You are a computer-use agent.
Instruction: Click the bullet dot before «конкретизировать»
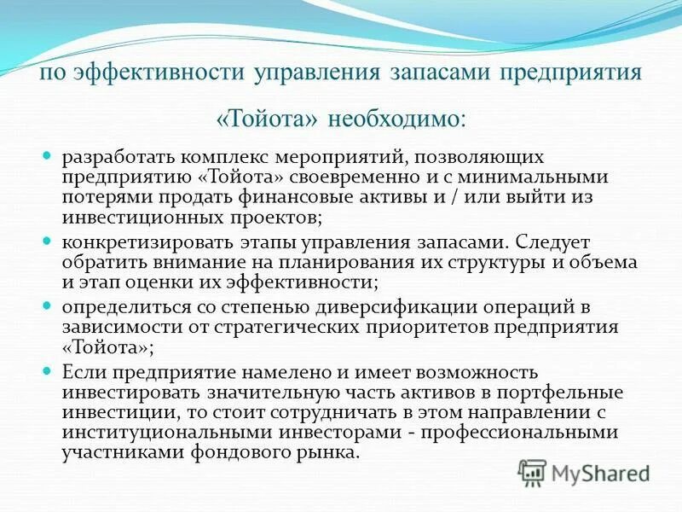pos(49,241)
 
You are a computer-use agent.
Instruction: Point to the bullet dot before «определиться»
pos(49,305)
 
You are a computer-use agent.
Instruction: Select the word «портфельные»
pos(566,393)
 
